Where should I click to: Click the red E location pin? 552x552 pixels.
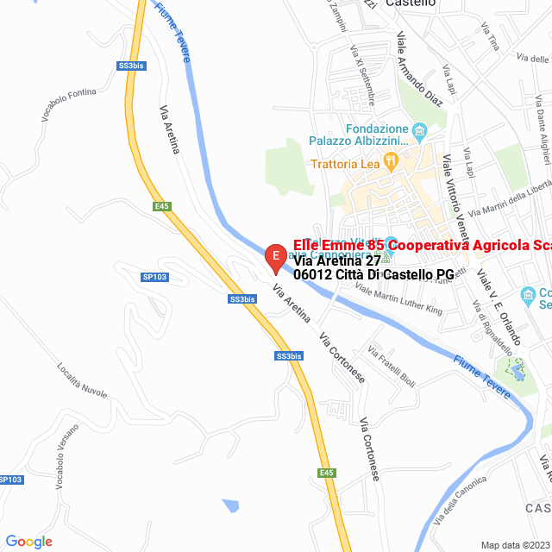click(275, 257)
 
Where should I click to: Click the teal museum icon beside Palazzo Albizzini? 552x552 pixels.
click(420, 133)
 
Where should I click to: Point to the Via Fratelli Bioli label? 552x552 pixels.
click(392, 366)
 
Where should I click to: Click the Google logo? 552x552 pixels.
click(28, 542)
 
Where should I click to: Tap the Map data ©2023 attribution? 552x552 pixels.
click(515, 544)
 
